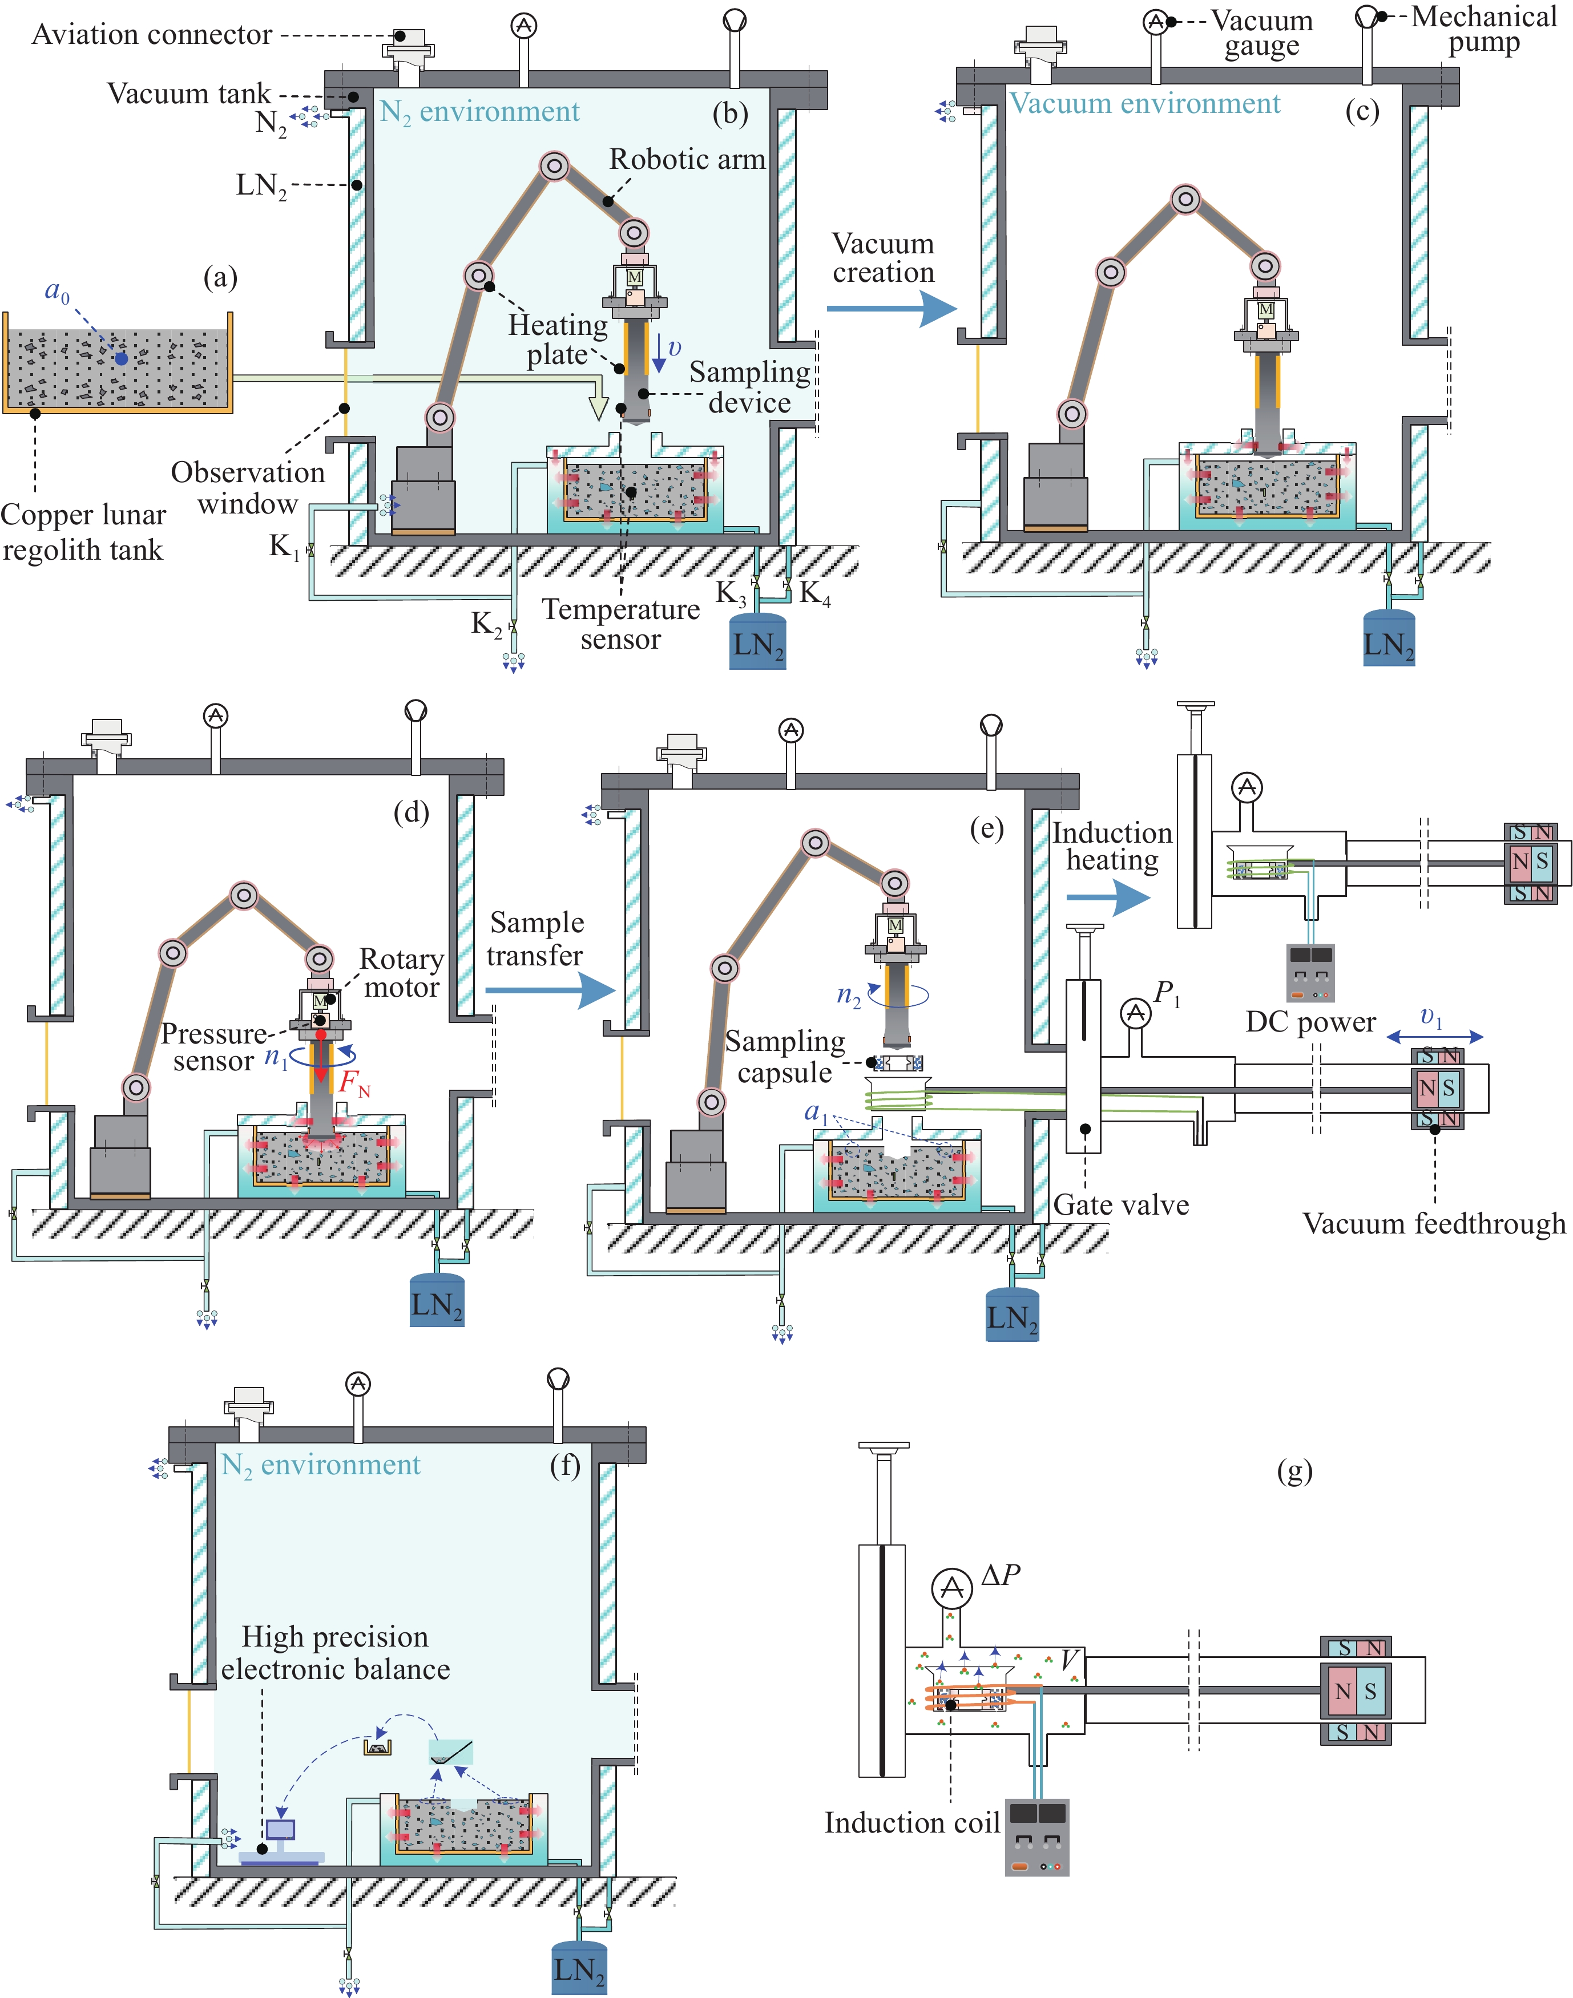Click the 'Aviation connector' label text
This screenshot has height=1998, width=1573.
coord(152,35)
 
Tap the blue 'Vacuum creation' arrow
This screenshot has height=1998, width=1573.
coord(892,309)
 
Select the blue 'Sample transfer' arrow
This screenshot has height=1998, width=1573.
coord(550,990)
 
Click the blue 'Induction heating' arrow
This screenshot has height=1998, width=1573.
coord(1108,897)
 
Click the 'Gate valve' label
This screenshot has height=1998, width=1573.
coord(1121,1205)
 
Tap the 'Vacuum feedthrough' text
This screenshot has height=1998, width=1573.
coord(1434,1224)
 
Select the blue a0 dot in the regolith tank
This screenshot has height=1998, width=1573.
coord(122,358)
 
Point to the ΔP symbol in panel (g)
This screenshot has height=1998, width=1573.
coord(1000,1575)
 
